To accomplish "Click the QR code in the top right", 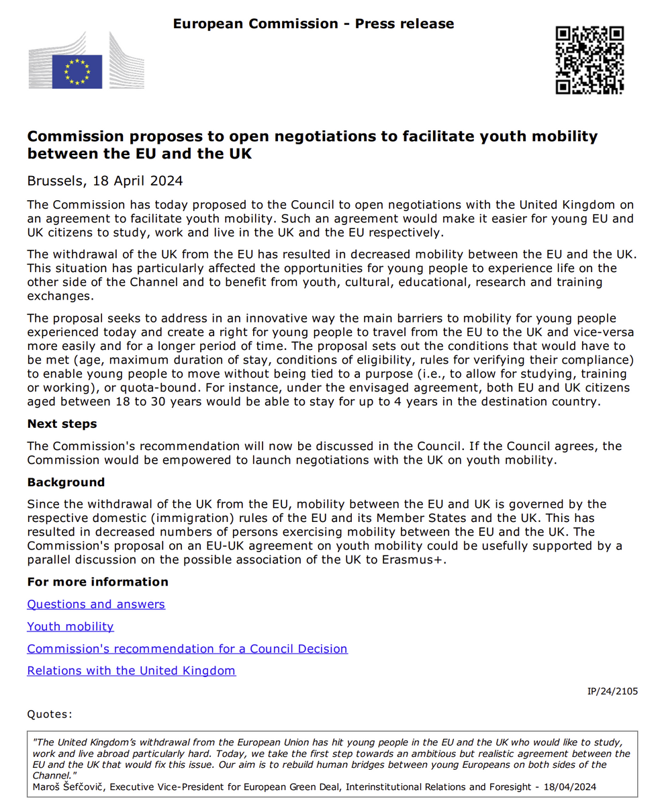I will click(590, 60).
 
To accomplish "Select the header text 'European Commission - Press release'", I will click(314, 24).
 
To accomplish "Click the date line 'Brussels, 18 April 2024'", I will click(105, 181).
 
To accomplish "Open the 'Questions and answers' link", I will click(96, 605).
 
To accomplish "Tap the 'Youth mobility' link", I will click(70, 627).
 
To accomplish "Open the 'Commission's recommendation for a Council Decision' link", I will click(187, 649).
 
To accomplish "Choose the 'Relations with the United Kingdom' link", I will click(132, 671).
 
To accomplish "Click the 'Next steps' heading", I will click(62, 424).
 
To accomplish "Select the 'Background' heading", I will click(66, 482).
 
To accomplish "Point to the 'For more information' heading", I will click(97, 582).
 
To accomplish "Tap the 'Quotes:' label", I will click(50, 714).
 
